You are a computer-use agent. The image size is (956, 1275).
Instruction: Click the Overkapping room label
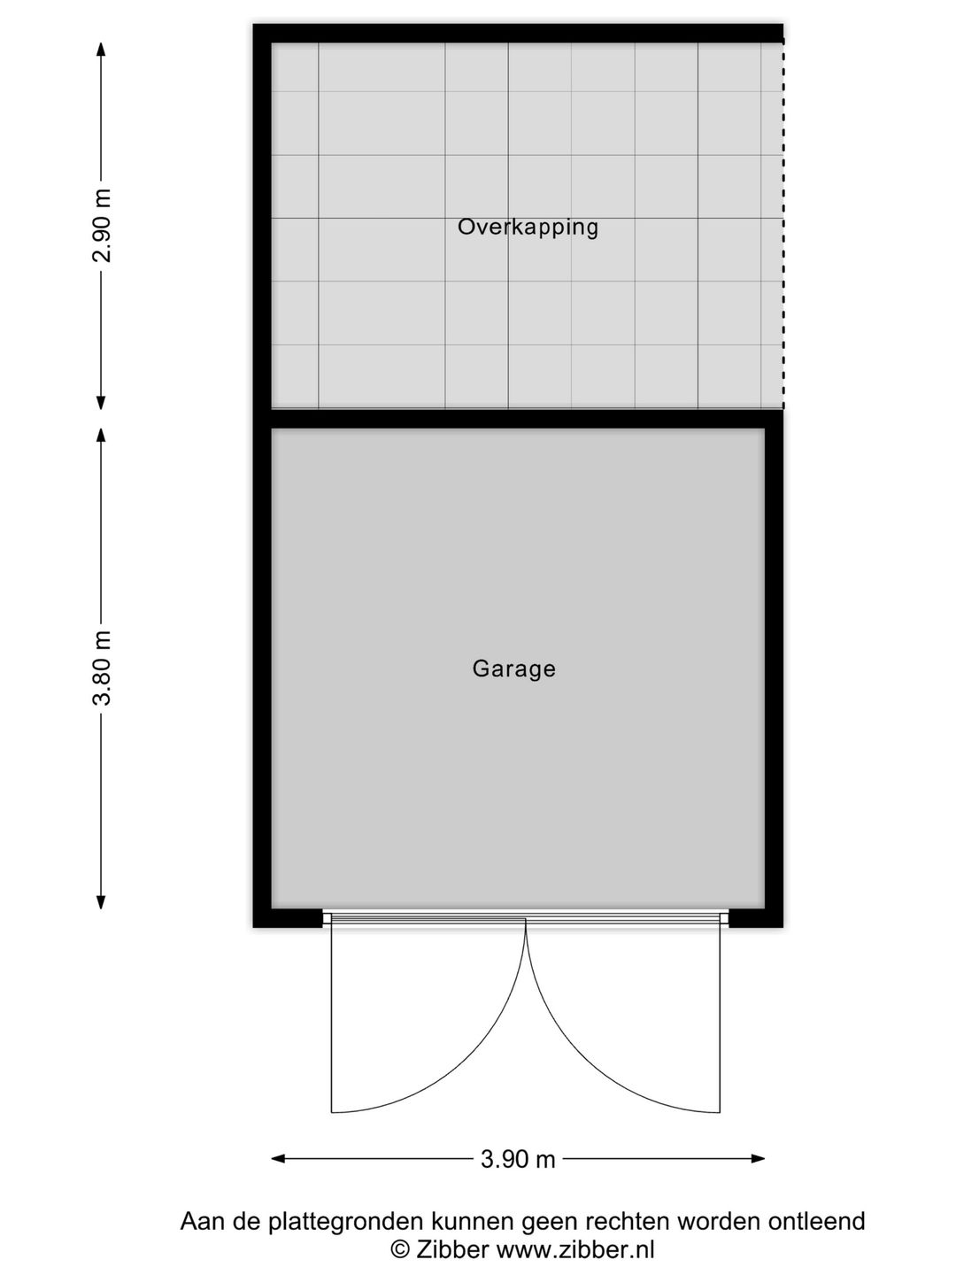click(x=528, y=227)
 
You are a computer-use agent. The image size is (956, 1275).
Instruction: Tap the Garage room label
click(x=513, y=668)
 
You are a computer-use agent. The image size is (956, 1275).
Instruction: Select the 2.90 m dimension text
click(x=104, y=226)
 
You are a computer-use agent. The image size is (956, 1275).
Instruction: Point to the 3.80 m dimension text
click(x=104, y=668)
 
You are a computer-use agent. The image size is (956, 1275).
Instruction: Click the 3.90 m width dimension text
click(x=518, y=1159)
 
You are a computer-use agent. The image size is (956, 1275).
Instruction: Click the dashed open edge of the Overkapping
click(x=783, y=226)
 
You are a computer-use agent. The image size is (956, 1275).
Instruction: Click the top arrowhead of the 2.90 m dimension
click(x=102, y=50)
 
